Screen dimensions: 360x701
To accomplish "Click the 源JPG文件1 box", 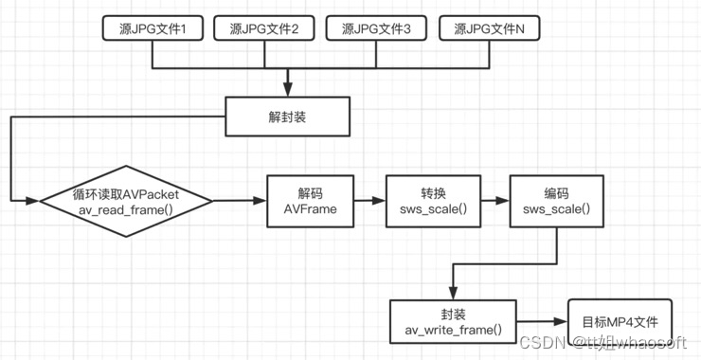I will click(x=152, y=28).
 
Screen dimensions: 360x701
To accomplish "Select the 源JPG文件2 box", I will click(x=264, y=28).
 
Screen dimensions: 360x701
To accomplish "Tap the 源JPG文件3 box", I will click(x=376, y=28).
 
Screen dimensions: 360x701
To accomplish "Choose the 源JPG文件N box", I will click(x=489, y=28).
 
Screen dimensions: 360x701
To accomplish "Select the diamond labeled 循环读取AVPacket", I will click(x=126, y=201).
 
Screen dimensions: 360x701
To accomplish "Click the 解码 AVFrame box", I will click(x=311, y=201).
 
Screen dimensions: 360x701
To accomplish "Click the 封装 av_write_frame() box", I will click(x=454, y=323).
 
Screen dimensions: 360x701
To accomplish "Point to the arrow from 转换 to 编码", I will click(x=492, y=201).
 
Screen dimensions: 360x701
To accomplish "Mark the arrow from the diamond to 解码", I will click(x=241, y=201).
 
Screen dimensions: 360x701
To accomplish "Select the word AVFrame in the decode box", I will click(x=311, y=209).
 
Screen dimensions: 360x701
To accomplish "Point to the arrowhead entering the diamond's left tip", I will click(x=34, y=201).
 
